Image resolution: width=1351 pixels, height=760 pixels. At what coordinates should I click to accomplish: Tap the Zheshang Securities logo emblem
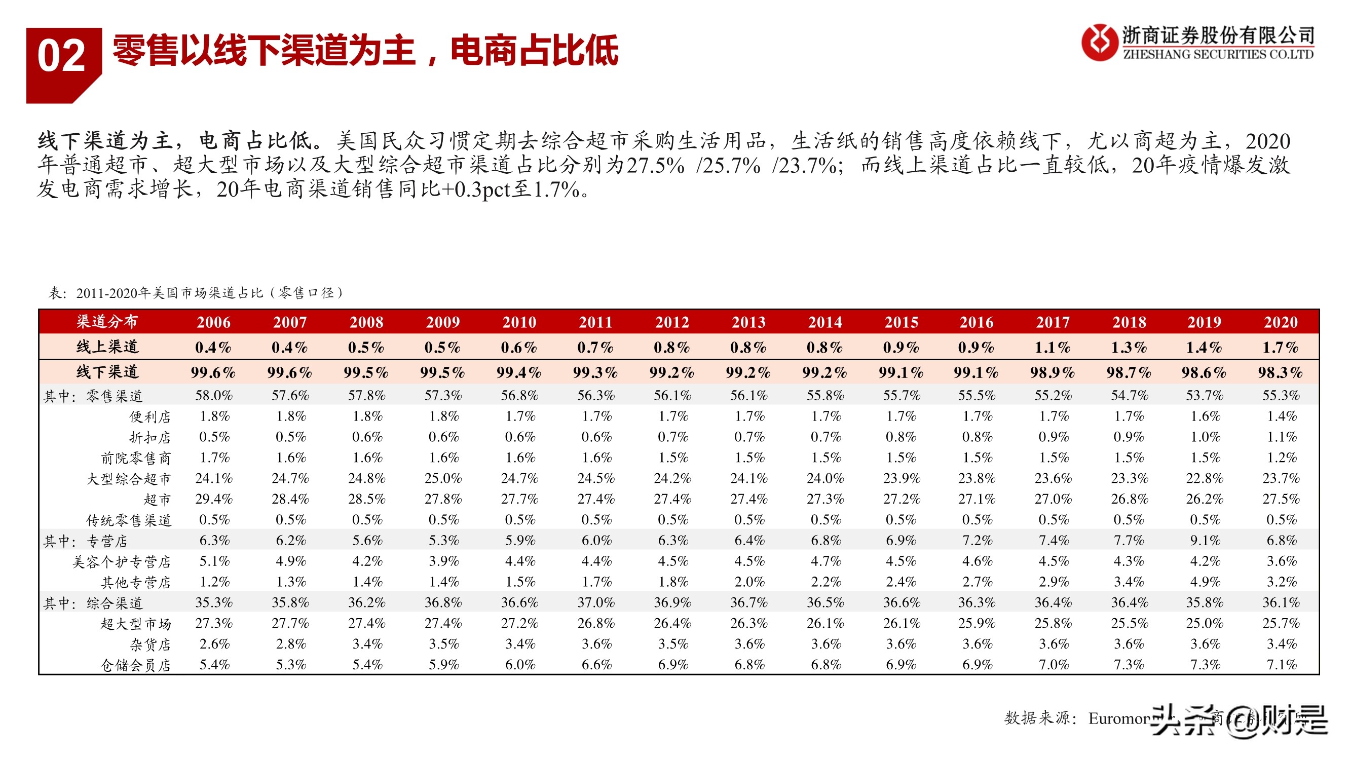click(x=1099, y=43)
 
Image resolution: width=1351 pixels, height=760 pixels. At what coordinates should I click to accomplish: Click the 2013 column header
click(x=748, y=322)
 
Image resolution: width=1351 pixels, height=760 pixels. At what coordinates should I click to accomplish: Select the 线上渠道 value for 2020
click(x=1280, y=347)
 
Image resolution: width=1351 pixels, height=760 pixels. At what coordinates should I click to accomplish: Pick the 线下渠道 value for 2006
click(x=213, y=372)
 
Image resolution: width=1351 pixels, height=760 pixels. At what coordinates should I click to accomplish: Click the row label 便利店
click(x=150, y=417)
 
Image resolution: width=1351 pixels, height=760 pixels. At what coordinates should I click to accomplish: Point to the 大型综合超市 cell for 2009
click(x=443, y=478)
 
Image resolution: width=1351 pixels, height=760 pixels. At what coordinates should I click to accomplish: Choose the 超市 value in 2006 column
click(x=214, y=499)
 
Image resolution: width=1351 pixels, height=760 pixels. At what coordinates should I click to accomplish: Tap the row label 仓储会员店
click(x=136, y=665)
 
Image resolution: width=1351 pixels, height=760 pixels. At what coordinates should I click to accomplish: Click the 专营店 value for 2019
click(x=1205, y=540)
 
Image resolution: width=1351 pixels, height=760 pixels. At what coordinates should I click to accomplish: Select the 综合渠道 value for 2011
click(x=596, y=602)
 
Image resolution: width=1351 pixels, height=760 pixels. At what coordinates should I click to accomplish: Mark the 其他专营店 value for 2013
click(x=749, y=582)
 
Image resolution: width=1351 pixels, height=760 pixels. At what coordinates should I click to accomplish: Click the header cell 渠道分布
click(x=107, y=322)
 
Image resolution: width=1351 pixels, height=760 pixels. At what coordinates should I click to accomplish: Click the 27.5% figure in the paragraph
click(x=656, y=165)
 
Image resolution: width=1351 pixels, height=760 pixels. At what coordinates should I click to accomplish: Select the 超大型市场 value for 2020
click(x=1281, y=623)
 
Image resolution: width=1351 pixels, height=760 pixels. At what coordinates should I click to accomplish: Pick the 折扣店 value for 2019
click(x=1205, y=437)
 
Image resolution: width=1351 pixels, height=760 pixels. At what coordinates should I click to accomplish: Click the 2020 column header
click(x=1280, y=322)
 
